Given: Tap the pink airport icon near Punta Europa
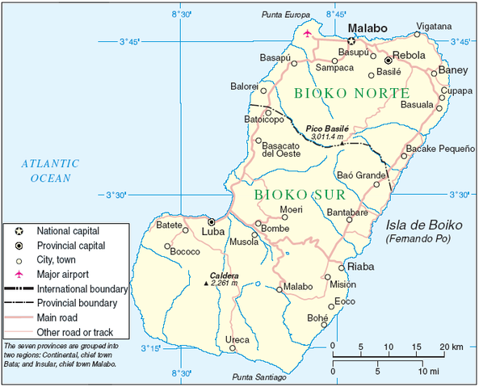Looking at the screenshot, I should tap(307, 33).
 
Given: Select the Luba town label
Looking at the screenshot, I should tap(212, 231).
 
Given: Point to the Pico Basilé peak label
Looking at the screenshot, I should tap(326, 128).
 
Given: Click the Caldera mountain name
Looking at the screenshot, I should tap(224, 274).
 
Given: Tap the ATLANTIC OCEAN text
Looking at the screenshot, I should tap(46, 170).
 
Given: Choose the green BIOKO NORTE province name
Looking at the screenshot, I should tap(351, 93).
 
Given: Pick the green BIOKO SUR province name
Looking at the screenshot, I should tap(300, 195).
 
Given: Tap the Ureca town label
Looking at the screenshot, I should tap(237, 339).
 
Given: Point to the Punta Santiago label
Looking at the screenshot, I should tap(259, 377).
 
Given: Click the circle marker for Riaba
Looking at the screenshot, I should tap(342, 267).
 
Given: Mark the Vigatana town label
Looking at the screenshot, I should tap(433, 26).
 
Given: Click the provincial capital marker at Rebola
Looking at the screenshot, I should tap(388, 60).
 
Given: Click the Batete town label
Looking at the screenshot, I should tap(169, 225).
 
